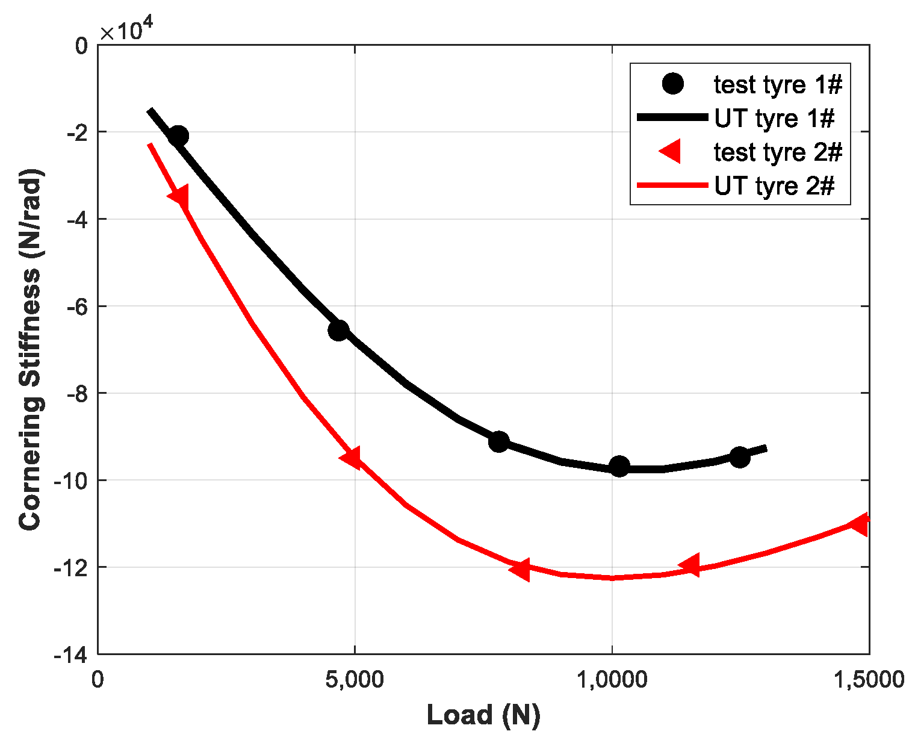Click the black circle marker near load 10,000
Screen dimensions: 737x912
[x=619, y=466]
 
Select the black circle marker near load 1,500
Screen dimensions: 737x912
[x=178, y=136]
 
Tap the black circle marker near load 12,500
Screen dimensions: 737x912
[x=740, y=457]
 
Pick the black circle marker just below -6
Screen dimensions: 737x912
[x=339, y=330]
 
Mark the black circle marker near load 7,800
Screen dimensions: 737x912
[x=499, y=441]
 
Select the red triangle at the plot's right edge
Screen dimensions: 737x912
[x=860, y=524]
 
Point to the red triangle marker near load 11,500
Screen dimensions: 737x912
[x=690, y=565]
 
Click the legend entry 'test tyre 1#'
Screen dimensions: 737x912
[x=778, y=85]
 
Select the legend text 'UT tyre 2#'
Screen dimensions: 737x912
[x=774, y=186]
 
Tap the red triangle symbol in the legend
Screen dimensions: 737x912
[x=671, y=152]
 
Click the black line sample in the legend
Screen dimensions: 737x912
[x=672, y=119]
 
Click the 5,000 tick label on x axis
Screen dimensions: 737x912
[x=355, y=680]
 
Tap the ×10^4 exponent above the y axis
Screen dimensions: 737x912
[x=127, y=30]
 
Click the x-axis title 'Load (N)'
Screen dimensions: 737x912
[x=483, y=715]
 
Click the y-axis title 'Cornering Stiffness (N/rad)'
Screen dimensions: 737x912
[x=31, y=349]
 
